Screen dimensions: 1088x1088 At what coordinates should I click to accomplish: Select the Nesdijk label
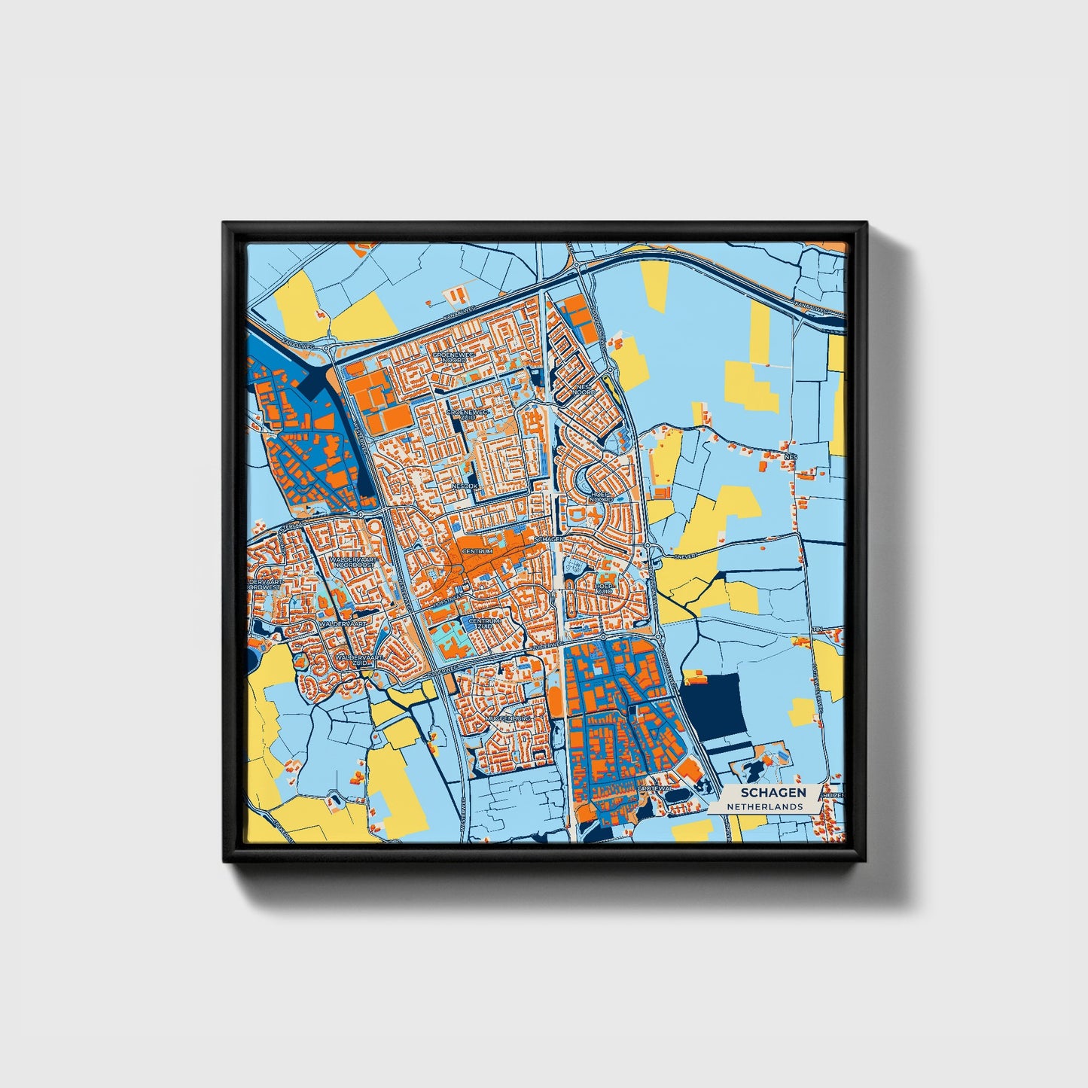[465, 487]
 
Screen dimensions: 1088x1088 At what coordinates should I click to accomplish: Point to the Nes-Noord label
[585, 389]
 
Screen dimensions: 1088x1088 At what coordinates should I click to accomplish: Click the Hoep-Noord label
[602, 497]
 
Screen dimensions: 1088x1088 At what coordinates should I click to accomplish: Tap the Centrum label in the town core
[477, 551]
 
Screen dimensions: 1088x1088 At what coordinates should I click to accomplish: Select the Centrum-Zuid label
[482, 624]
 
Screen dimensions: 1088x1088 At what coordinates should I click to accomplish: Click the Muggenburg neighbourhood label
[509, 718]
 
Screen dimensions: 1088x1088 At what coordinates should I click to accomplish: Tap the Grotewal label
[653, 788]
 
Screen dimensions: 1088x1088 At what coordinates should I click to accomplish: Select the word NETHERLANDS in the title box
[763, 806]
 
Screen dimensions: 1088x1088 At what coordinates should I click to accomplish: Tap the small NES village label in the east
[790, 457]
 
